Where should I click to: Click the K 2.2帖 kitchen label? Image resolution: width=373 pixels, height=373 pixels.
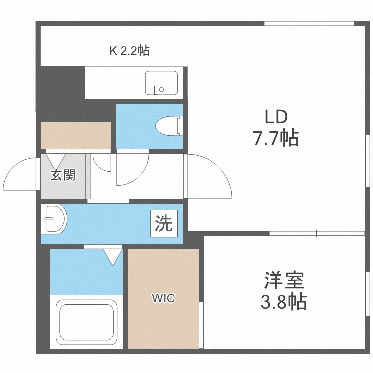pyautogui.click(x=129, y=50)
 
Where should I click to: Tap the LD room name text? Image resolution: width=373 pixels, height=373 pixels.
pyautogui.click(x=276, y=117)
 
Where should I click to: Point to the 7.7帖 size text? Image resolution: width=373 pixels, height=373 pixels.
pyautogui.click(x=276, y=138)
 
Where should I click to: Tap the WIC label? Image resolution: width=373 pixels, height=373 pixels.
pyautogui.click(x=163, y=298)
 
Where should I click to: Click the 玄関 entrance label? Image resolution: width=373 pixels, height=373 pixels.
pyautogui.click(x=63, y=175)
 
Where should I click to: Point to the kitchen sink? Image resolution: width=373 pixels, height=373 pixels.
pyautogui.click(x=161, y=83)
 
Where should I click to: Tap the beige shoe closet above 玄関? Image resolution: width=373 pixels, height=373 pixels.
pyautogui.click(x=76, y=135)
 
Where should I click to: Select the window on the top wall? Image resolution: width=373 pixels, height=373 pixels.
pyautogui.click(x=308, y=23)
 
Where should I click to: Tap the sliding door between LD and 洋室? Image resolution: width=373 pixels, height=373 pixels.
pyautogui.click(x=317, y=233)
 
